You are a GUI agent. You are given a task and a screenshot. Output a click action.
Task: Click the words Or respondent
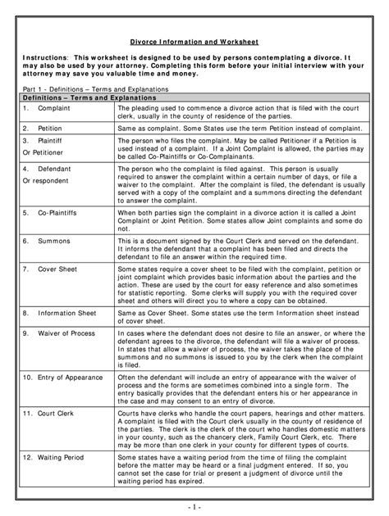pos(46,179)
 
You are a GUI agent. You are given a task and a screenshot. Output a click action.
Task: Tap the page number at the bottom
pos(194,507)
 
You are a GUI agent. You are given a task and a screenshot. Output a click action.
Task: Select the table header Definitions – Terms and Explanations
pos(79,97)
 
